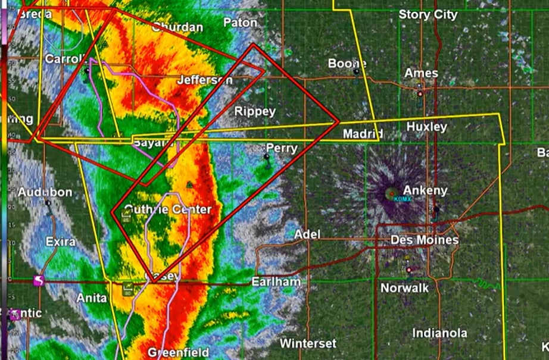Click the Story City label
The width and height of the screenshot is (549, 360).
[x=428, y=15]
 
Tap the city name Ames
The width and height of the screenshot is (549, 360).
[x=421, y=73]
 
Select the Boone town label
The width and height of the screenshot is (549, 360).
[x=347, y=64]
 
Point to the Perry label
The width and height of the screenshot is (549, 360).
[x=281, y=148]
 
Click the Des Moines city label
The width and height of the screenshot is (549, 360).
[x=425, y=240]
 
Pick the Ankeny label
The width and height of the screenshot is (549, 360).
[x=425, y=190]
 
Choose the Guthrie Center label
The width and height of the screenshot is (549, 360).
[x=169, y=209]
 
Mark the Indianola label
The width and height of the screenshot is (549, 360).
[x=439, y=333]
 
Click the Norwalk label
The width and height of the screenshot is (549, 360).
[x=404, y=288]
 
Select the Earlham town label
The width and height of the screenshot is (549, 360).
[x=276, y=281]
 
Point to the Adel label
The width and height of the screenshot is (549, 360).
[x=307, y=234]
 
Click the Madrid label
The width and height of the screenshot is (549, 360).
[x=363, y=134]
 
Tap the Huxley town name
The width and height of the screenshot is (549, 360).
[x=426, y=127]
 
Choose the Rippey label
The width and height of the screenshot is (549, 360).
[x=255, y=111]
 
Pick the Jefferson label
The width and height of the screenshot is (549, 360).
[x=205, y=80]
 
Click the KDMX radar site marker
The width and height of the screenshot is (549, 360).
[x=391, y=193]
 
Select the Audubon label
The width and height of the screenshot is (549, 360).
[x=45, y=192]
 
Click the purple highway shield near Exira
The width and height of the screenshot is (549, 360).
[x=39, y=280]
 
